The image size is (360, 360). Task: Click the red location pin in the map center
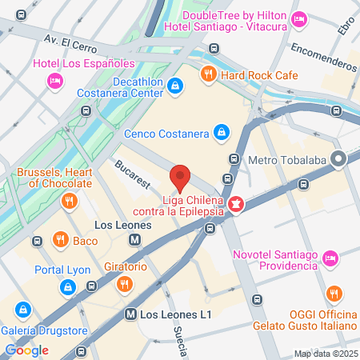click(180, 175)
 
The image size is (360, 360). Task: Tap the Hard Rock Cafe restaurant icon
click(208, 74)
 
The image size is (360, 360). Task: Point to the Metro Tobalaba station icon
click(339, 159)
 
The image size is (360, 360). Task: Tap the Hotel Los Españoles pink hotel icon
click(55, 79)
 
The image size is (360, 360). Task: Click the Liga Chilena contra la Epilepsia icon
click(235, 206)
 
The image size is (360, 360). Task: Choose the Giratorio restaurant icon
click(124, 283)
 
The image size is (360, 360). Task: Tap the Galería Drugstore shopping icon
click(24, 310)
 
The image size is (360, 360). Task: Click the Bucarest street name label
click(132, 175)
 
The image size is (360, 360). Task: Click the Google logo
click(27, 350)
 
